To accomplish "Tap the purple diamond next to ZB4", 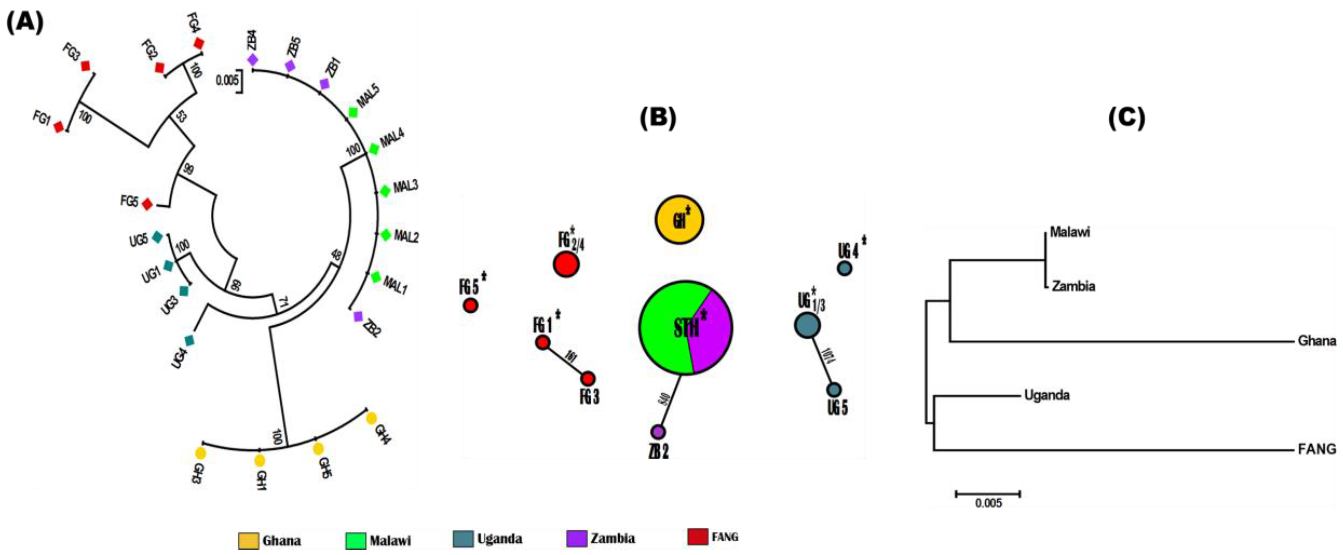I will click(252, 59).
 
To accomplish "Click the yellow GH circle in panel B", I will click(679, 220).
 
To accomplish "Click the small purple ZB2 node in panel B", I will click(658, 431).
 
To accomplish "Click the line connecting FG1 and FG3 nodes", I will click(565, 361).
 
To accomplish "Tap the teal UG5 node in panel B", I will click(834, 390).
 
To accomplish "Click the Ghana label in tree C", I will click(1316, 341).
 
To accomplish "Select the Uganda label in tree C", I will click(1046, 395).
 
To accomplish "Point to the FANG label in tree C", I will click(1316, 449).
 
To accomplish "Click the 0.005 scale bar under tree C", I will click(987, 493).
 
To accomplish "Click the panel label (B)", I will click(657, 118).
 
